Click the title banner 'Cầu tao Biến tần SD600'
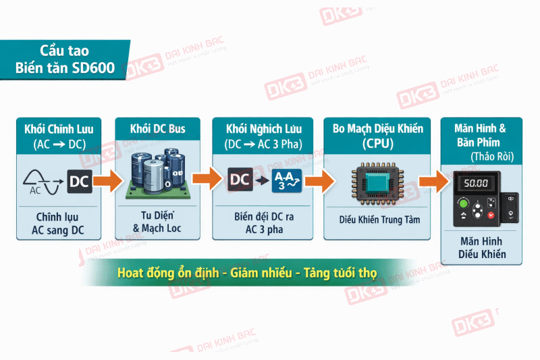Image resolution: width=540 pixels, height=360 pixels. click(63, 59)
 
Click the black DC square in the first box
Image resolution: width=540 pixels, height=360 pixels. click(79, 181)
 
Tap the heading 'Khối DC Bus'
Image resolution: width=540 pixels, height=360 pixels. click(157, 128)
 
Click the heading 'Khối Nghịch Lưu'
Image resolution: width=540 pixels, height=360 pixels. click(261, 128)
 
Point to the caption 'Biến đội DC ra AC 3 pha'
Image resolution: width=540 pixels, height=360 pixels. click(261, 224)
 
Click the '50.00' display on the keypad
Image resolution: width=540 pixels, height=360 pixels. click(477, 183)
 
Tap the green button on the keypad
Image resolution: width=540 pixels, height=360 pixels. click(463, 205)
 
